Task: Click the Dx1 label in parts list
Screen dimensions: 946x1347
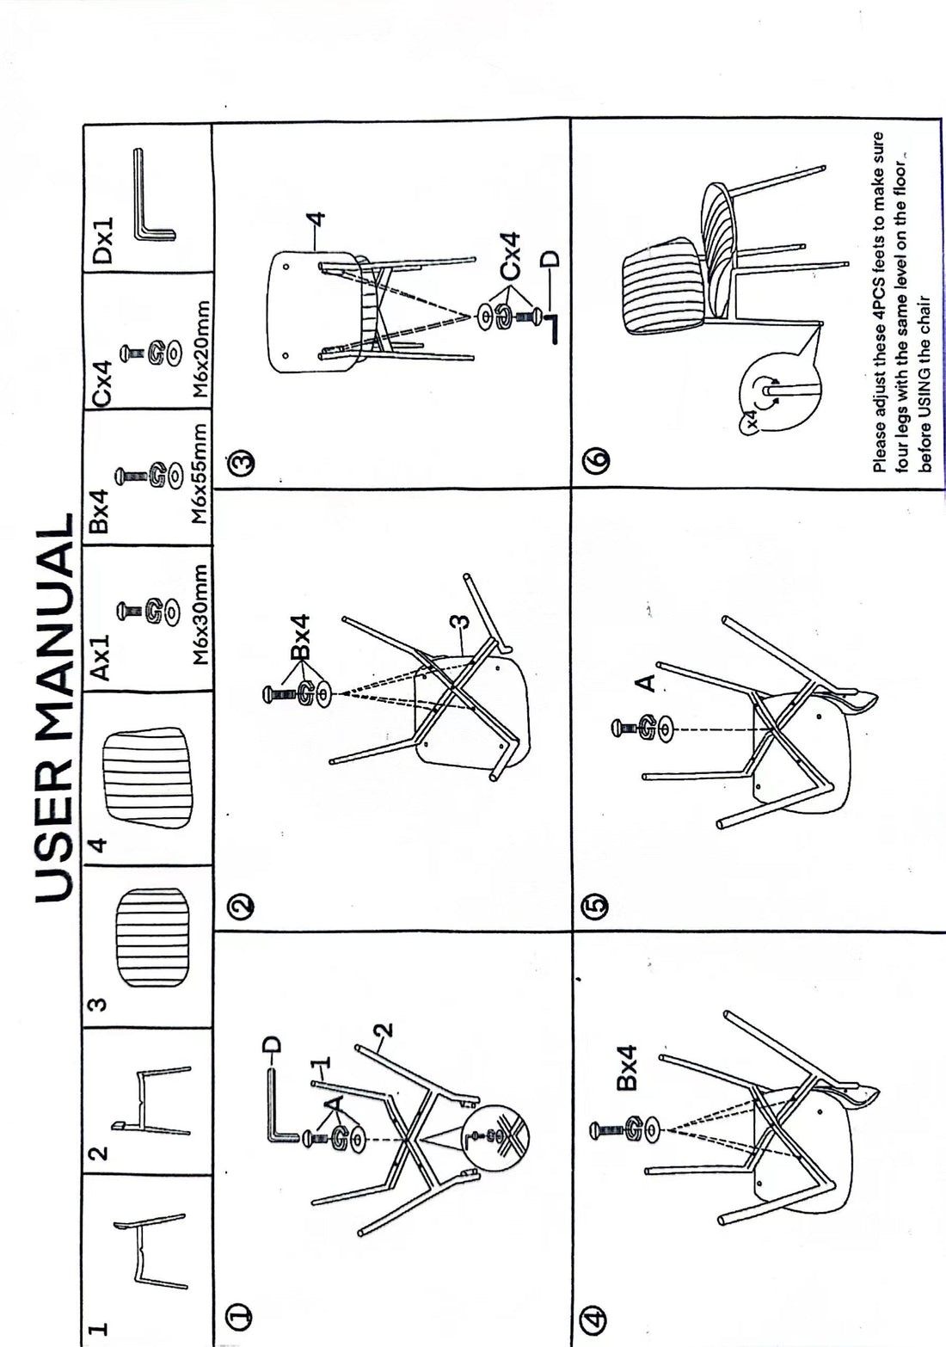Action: tap(103, 241)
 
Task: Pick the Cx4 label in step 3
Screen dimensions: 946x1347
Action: tap(511, 256)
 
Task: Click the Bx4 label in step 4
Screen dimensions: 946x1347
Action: tap(626, 1067)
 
